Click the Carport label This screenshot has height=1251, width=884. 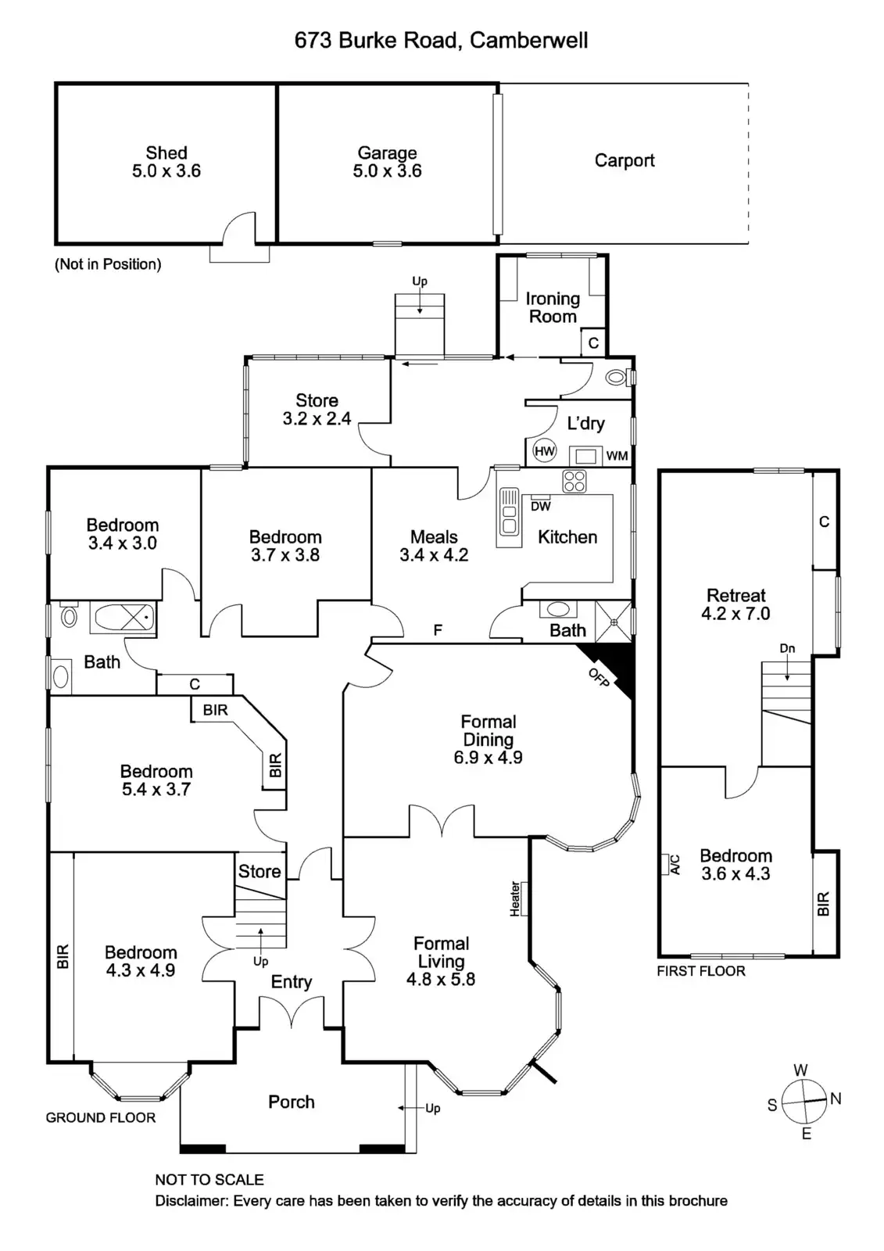(625, 160)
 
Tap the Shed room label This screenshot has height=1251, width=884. (166, 153)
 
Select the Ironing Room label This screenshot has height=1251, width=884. (553, 307)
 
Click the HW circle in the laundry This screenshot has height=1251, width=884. (544, 451)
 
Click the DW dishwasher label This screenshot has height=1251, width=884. (541, 506)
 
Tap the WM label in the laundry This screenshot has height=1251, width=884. (617, 456)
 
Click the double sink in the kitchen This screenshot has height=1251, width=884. (509, 516)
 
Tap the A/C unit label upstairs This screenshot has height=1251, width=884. (675, 864)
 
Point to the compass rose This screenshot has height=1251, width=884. (805, 1101)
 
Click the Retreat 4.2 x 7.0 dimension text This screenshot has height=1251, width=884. (735, 614)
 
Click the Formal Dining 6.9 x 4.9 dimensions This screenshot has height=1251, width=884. (488, 757)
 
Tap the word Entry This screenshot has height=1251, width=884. (292, 982)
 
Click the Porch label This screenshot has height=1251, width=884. (292, 1102)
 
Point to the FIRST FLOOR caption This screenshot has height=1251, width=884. (701, 971)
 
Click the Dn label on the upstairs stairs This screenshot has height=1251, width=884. (787, 649)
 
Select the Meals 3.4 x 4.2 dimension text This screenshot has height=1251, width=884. (434, 555)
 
